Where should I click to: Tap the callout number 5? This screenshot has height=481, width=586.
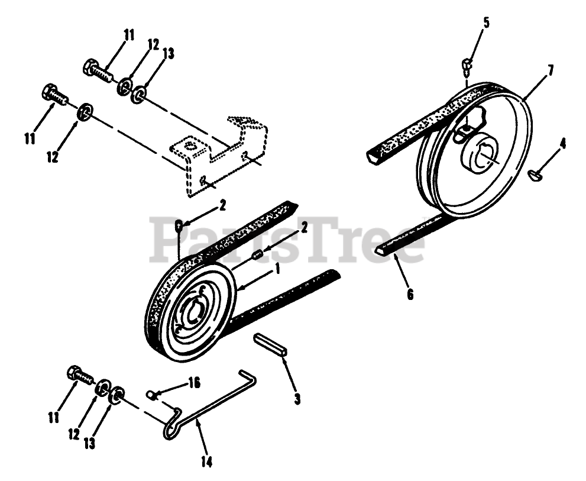pyautogui.click(x=486, y=24)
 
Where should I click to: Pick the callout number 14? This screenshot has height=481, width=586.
pyautogui.click(x=208, y=461)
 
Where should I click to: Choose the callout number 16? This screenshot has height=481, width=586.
pyautogui.click(x=193, y=383)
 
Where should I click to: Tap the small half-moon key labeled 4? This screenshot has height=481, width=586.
pyautogui.click(x=535, y=175)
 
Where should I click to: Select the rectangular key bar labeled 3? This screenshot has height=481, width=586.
pyautogui.click(x=270, y=344)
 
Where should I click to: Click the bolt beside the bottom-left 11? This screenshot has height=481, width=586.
pyautogui.click(x=79, y=376)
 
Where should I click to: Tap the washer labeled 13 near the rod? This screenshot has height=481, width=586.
pyautogui.click(x=118, y=395)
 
